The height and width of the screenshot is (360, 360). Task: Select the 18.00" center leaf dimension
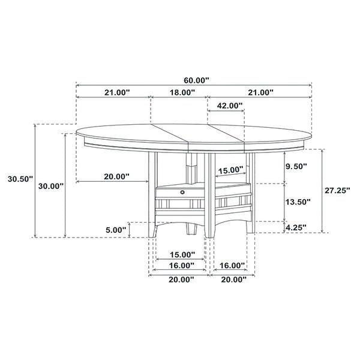click(x=182, y=92)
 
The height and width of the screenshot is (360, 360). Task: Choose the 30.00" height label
click(x=51, y=186)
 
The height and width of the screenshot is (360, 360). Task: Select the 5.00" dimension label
click(x=116, y=229)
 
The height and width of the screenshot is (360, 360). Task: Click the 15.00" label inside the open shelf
click(x=230, y=170)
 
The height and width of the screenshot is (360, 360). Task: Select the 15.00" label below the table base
click(x=181, y=254)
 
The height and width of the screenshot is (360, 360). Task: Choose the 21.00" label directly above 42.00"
click(x=259, y=92)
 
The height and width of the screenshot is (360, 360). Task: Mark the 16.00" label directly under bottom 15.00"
click(x=181, y=265)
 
